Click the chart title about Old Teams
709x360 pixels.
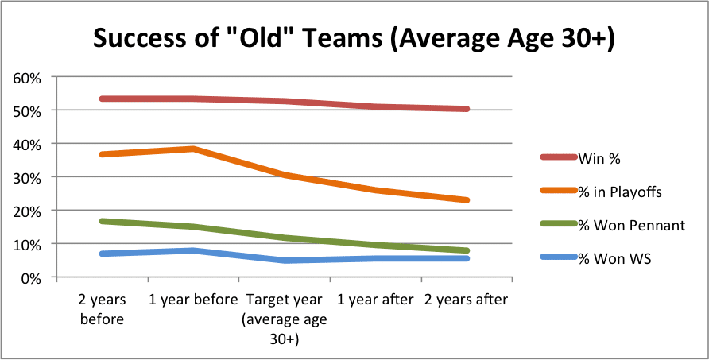click(354, 37)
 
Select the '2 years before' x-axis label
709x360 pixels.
click(101, 308)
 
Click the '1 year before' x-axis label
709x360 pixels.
click(192, 300)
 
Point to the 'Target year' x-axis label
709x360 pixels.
click(284, 317)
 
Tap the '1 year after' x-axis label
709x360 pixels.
click(376, 300)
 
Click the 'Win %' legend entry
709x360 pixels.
click(601, 157)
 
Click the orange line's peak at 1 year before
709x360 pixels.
click(192, 149)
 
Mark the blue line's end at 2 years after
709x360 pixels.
click(467, 258)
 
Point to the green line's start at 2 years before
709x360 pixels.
click(102, 221)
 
